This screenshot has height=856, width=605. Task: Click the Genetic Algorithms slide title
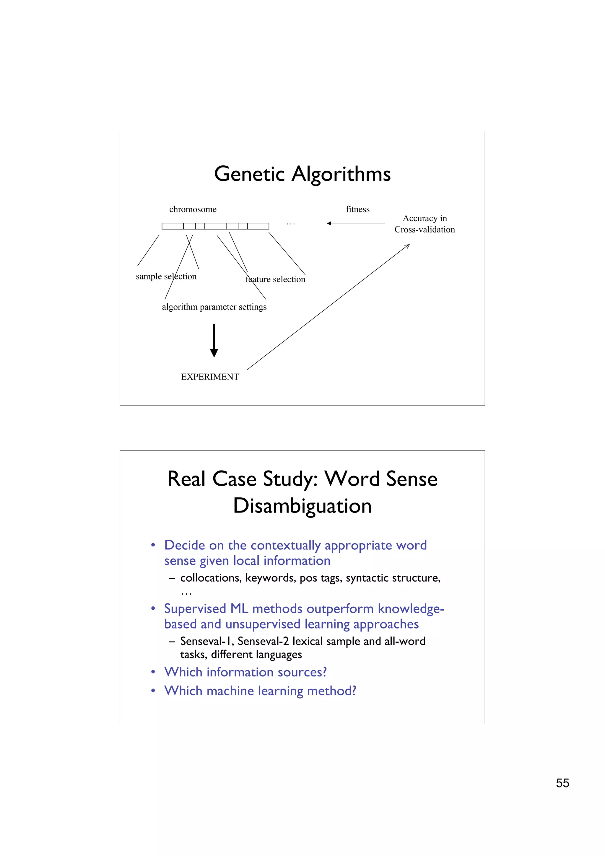click(302, 174)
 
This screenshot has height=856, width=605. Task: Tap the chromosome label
click(193, 209)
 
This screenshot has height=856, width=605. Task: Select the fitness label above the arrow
click(357, 209)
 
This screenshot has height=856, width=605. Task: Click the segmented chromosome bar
click(215, 226)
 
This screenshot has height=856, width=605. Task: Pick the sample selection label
click(166, 276)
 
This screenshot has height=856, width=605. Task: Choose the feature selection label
click(276, 279)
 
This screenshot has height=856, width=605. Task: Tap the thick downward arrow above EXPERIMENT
click(214, 340)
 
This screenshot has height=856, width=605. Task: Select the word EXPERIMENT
click(210, 377)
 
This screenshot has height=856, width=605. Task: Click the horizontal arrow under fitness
click(356, 223)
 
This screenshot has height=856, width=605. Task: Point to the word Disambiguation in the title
click(302, 506)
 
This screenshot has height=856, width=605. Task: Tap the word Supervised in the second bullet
click(195, 608)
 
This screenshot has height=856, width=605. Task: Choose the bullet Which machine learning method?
click(260, 691)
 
